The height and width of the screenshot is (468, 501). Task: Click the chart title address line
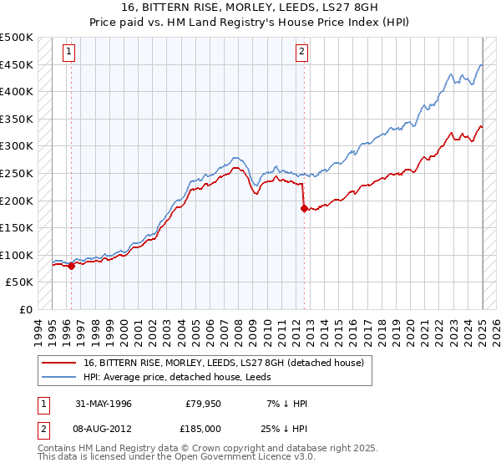pyautogui.click(x=250, y=8)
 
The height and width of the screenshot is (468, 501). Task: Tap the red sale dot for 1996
pyautogui.click(x=71, y=266)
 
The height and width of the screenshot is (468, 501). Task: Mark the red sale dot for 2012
pyautogui.click(x=304, y=209)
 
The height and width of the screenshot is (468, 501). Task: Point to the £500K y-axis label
pyautogui.click(x=17, y=38)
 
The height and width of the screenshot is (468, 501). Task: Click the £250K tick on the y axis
pyautogui.click(x=17, y=173)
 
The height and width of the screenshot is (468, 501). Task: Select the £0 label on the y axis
pyautogui.click(x=27, y=309)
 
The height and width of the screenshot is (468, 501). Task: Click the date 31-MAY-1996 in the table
pyautogui.click(x=104, y=404)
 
